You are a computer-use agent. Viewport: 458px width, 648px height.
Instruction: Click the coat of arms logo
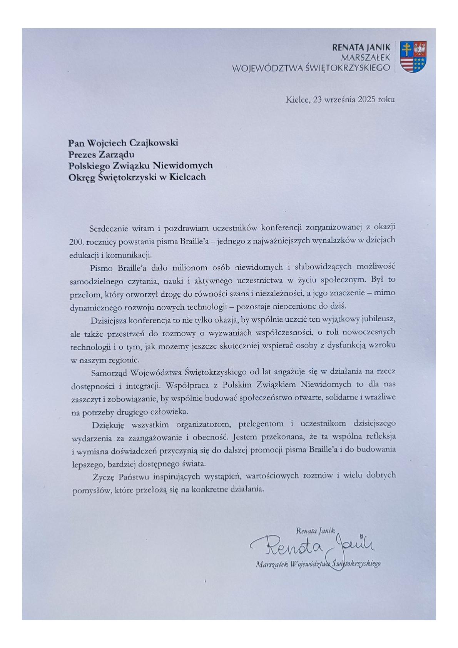coord(413,57)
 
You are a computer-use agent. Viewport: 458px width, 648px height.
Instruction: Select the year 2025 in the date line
coord(366,99)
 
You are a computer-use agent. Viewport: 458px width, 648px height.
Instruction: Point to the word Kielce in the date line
coord(297,99)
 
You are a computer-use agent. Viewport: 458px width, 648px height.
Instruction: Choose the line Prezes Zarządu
coord(101,154)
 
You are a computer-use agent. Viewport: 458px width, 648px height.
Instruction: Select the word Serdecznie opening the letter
coord(109,227)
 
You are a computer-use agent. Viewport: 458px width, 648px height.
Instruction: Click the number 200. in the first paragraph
coord(77,241)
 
